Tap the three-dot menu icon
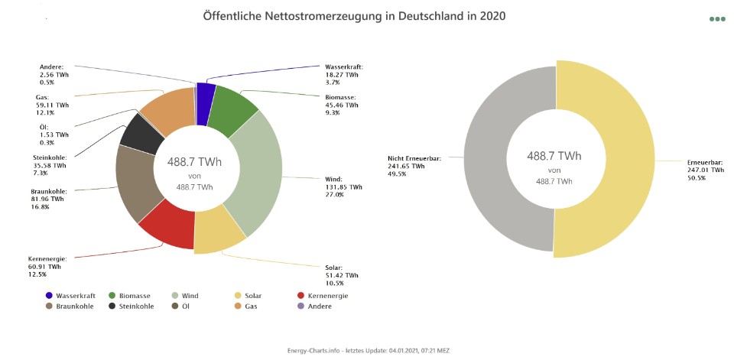pos(716,19)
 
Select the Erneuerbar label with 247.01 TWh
pos(702,170)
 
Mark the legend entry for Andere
pos(320,306)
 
